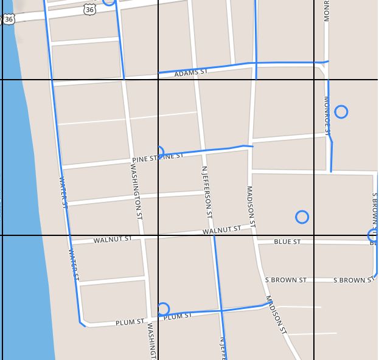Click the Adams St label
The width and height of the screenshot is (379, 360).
[x=191, y=72]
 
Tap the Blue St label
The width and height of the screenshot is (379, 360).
[x=287, y=242]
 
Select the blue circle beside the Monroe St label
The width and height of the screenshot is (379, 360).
[x=341, y=112]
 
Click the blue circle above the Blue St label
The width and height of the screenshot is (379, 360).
[x=302, y=217]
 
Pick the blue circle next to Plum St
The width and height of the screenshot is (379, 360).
[x=162, y=309]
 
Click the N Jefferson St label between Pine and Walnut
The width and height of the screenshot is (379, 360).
[x=207, y=193]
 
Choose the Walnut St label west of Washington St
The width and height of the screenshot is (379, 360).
[x=112, y=240]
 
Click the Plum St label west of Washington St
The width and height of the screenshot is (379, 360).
[x=130, y=322]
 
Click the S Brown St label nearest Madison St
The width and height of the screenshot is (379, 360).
[x=285, y=280]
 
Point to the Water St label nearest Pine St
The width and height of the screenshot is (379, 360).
[x=63, y=191]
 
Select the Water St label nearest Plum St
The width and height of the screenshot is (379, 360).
[x=74, y=264]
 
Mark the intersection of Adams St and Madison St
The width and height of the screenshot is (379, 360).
[x=256, y=63]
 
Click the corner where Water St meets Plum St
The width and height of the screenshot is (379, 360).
[x=82, y=322]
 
